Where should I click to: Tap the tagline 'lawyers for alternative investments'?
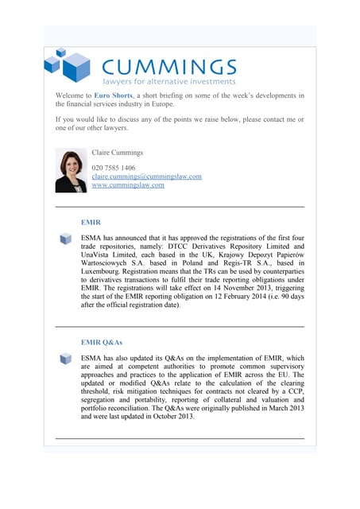point(168,81)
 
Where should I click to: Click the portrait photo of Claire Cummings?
point(71,170)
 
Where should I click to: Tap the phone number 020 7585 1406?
point(114,168)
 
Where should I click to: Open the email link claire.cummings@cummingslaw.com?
point(146,177)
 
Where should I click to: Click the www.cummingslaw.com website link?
point(128,185)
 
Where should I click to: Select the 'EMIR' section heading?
point(91,223)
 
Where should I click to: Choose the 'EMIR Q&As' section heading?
point(101,342)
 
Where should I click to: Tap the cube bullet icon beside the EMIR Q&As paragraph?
point(66,359)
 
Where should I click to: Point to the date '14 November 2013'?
point(238,288)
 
